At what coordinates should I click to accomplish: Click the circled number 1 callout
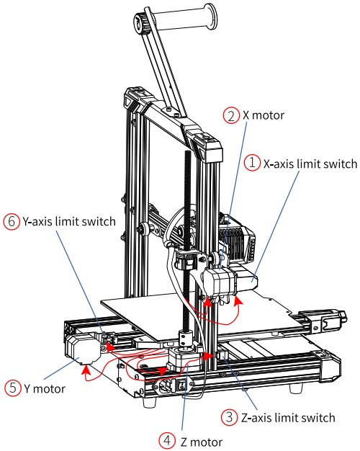252,163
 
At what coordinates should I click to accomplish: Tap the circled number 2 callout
231,115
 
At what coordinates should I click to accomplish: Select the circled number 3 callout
229,417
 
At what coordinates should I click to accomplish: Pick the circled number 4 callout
167,440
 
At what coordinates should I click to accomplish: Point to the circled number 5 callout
13,388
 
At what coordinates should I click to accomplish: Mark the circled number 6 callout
12,221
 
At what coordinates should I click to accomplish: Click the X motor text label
264,115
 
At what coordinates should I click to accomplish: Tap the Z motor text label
202,442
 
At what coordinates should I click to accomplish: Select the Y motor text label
45,388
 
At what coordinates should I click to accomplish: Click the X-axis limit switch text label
310,164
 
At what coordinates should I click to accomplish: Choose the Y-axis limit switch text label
69,221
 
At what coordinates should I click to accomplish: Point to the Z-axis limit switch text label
288,418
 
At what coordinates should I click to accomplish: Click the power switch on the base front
181,385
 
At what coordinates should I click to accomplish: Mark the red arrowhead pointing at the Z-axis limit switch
208,356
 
